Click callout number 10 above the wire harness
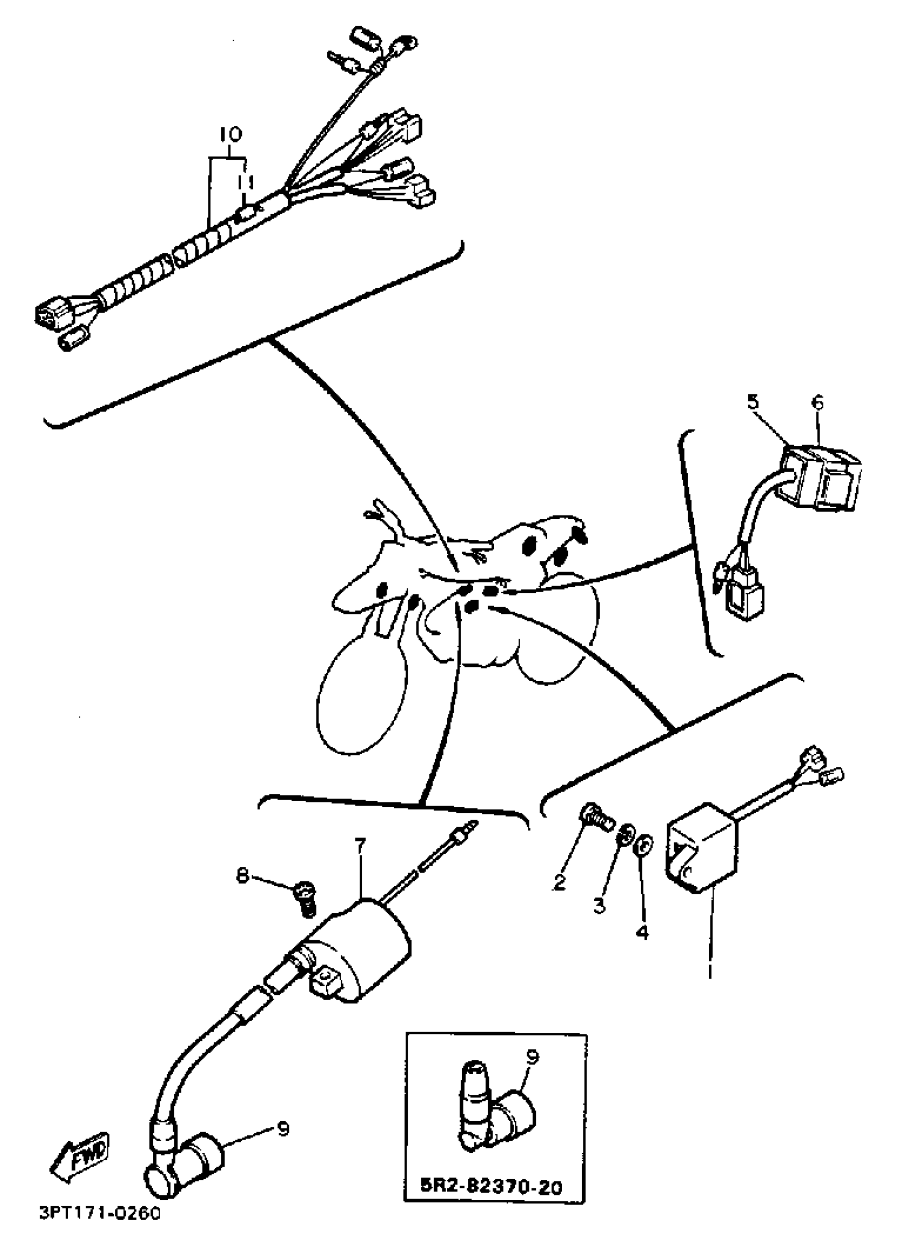click(231, 134)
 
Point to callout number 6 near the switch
click(818, 403)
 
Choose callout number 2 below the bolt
click(559, 883)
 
